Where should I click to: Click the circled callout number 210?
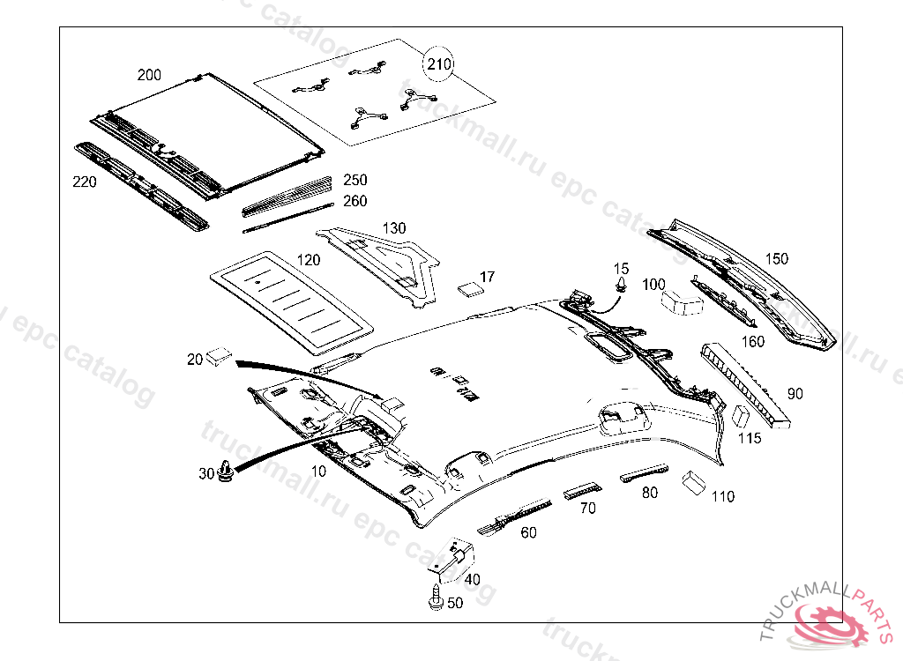click(439, 63)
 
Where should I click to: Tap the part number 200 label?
click(149, 75)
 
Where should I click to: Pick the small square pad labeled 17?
click(469, 286)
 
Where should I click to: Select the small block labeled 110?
click(693, 481)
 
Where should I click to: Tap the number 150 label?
click(776, 259)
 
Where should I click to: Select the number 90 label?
click(795, 394)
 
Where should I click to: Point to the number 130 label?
click(393, 228)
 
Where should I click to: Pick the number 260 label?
click(354, 201)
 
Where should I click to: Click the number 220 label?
click(84, 182)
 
